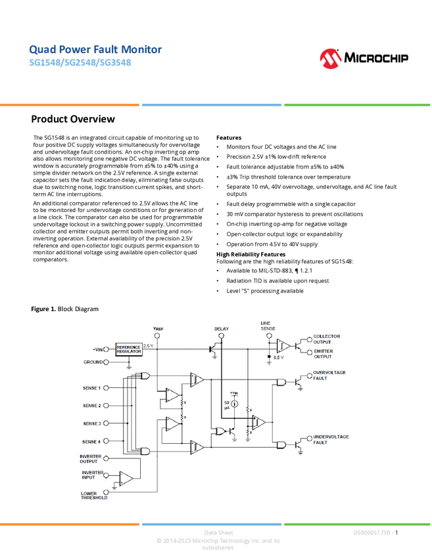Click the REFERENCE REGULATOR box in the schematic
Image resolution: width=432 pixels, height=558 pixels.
tap(128, 349)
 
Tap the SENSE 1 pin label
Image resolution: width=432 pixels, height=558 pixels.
tap(91, 388)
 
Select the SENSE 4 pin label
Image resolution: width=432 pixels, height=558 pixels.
tap(91, 441)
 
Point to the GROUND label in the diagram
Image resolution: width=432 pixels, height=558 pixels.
tap(93, 362)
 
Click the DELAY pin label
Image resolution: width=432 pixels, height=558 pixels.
tap(222, 329)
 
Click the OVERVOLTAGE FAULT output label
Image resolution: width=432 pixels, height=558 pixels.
tap(329, 375)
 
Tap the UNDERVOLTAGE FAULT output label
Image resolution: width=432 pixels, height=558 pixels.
tap(331, 439)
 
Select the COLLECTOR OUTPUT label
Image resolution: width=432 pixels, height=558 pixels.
tap(327, 339)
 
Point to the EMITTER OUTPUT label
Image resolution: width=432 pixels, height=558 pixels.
tap(323, 353)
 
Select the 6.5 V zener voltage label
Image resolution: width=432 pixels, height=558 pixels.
tap(278, 358)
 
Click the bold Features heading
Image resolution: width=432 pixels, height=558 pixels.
tap(229, 138)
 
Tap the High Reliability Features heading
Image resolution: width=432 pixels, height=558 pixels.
tap(251, 254)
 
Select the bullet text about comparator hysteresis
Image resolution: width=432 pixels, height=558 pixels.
tap(294, 214)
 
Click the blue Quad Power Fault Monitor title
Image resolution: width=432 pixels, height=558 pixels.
tap(95, 50)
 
